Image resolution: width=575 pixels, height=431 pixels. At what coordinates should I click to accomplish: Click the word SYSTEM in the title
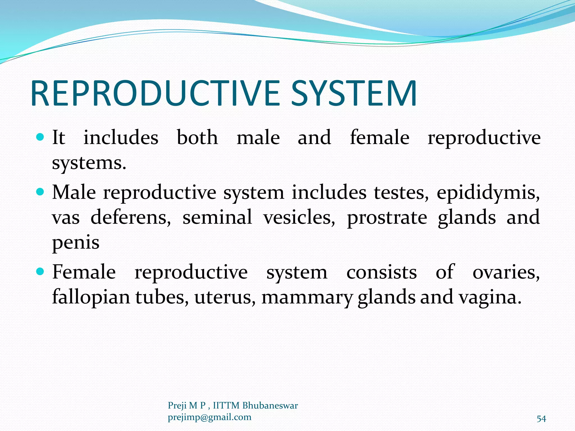354,93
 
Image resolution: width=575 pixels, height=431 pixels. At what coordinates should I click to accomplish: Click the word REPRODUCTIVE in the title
155,93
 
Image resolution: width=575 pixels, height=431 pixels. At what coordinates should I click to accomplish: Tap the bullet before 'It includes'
40,137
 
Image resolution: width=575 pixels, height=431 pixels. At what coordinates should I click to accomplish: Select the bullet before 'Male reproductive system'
40,192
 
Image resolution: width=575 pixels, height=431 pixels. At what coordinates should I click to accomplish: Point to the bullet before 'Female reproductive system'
40,271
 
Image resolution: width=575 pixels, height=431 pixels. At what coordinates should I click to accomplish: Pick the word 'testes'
401,193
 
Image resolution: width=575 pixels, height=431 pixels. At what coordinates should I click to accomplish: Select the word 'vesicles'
299,217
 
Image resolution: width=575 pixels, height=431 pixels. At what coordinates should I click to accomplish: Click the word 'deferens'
131,217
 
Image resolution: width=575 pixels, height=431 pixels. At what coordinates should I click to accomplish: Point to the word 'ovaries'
506,272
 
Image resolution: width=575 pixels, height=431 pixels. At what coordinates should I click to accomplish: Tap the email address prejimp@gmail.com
209,417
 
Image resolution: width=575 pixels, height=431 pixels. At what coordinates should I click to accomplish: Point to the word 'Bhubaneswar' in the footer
270,405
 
